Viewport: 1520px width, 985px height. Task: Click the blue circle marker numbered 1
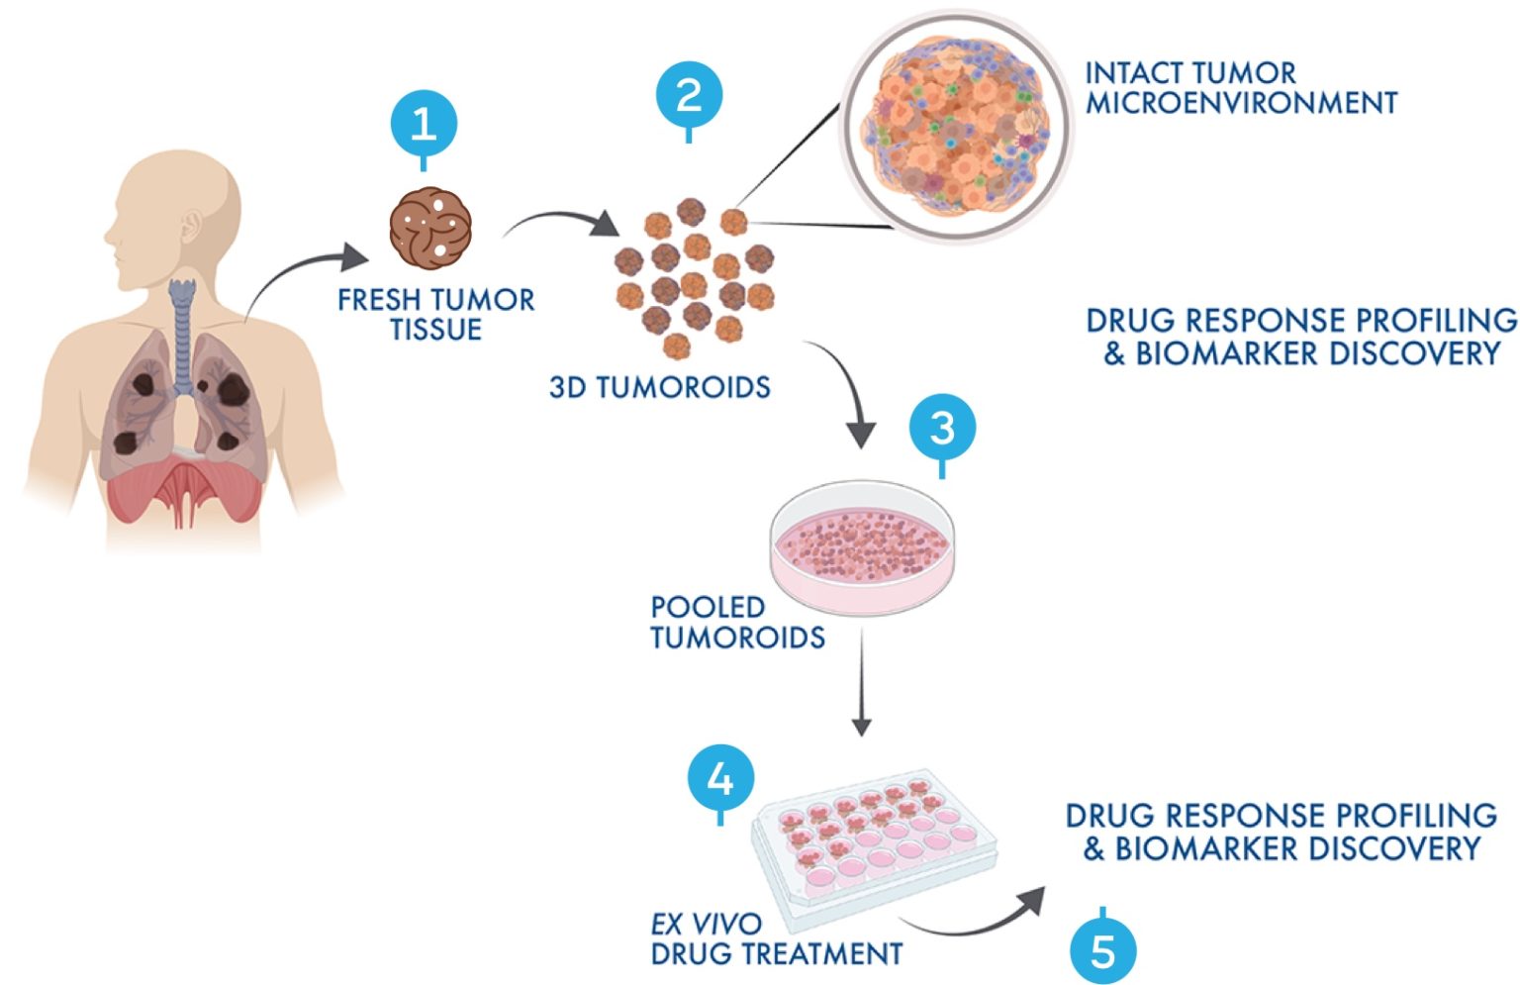[424, 125]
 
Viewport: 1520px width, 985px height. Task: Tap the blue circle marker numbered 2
[689, 96]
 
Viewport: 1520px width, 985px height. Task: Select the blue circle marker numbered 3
[942, 428]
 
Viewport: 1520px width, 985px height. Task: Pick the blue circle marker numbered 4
[720, 779]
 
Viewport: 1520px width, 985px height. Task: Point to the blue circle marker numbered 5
[1102, 951]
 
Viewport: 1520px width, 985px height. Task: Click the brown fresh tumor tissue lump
[429, 229]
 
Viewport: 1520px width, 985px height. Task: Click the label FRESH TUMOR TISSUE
[435, 314]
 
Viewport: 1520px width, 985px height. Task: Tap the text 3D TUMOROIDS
[660, 387]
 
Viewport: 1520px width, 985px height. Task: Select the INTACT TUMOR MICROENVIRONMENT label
[1240, 88]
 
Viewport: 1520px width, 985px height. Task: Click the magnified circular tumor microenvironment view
[955, 127]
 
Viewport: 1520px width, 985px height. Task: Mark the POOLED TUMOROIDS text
[737, 623]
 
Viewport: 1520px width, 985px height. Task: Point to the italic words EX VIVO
[706, 925]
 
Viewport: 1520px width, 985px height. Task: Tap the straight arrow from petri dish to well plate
[862, 683]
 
